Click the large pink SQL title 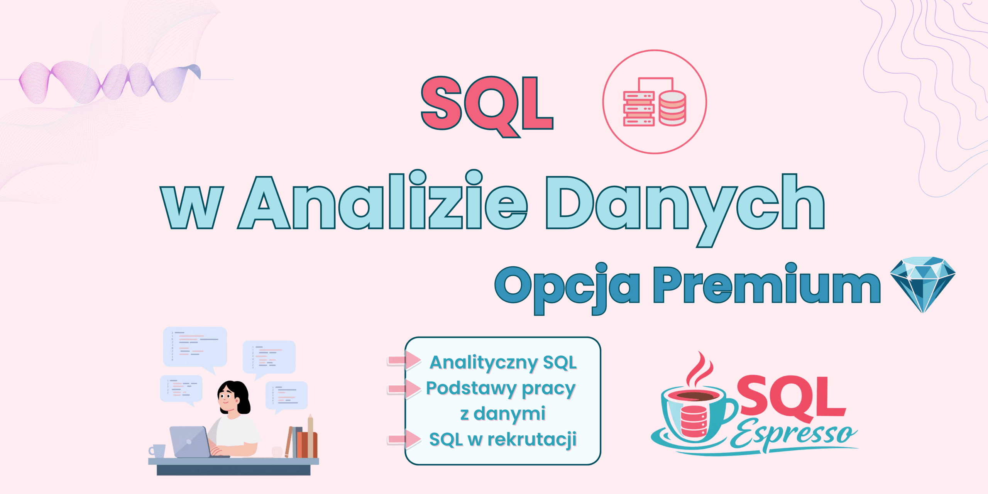(487, 106)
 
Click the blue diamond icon (923, 284)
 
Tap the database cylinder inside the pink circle (672, 108)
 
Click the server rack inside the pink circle (639, 108)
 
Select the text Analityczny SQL (503, 363)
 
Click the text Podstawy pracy (501, 389)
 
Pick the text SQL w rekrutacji (503, 439)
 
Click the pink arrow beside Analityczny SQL (404, 360)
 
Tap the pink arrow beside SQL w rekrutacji (404, 439)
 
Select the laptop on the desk (191, 442)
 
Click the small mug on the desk (157, 451)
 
